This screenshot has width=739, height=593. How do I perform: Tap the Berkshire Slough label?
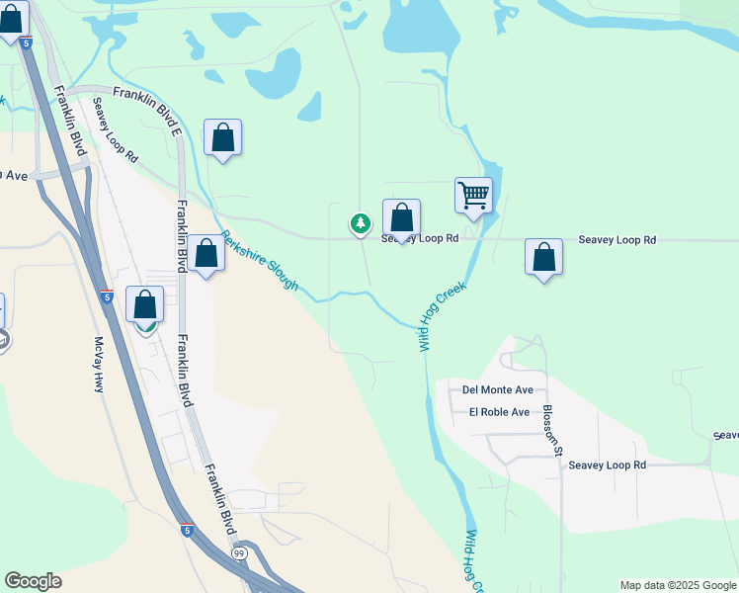[259, 261]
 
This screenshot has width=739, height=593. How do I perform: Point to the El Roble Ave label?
[499, 412]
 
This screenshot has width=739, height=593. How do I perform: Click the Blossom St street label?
[550, 431]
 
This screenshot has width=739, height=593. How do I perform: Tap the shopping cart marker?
[473, 195]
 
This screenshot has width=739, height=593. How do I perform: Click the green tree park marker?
[361, 223]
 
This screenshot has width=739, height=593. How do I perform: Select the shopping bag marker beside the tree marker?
[401, 218]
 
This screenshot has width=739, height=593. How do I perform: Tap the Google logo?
[33, 581]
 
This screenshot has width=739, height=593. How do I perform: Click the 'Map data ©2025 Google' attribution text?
[678, 585]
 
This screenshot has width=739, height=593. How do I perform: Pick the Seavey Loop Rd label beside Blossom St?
[607, 465]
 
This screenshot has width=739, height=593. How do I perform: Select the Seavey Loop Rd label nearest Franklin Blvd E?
[116, 129]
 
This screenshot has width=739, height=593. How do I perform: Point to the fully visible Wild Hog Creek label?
[441, 316]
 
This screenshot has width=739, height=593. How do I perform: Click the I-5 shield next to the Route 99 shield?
[186, 531]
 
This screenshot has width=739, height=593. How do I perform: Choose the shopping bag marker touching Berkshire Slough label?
[205, 255]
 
